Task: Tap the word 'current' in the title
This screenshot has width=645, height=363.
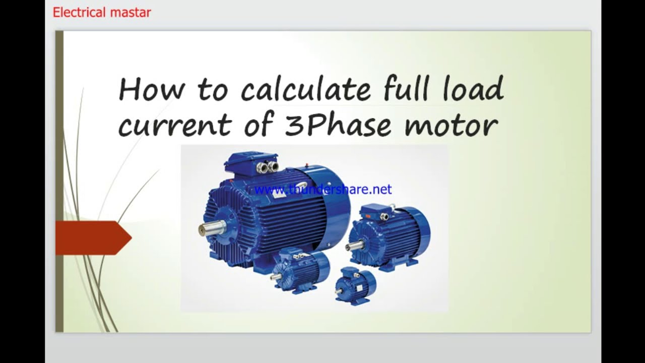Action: [175, 125]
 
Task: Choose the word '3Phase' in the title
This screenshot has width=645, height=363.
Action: [338, 125]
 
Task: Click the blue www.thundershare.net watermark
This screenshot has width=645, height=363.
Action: [323, 190]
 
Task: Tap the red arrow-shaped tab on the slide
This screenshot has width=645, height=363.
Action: [94, 238]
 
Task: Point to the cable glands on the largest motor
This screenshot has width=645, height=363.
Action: [268, 166]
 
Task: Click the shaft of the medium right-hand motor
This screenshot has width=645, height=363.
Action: [355, 246]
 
